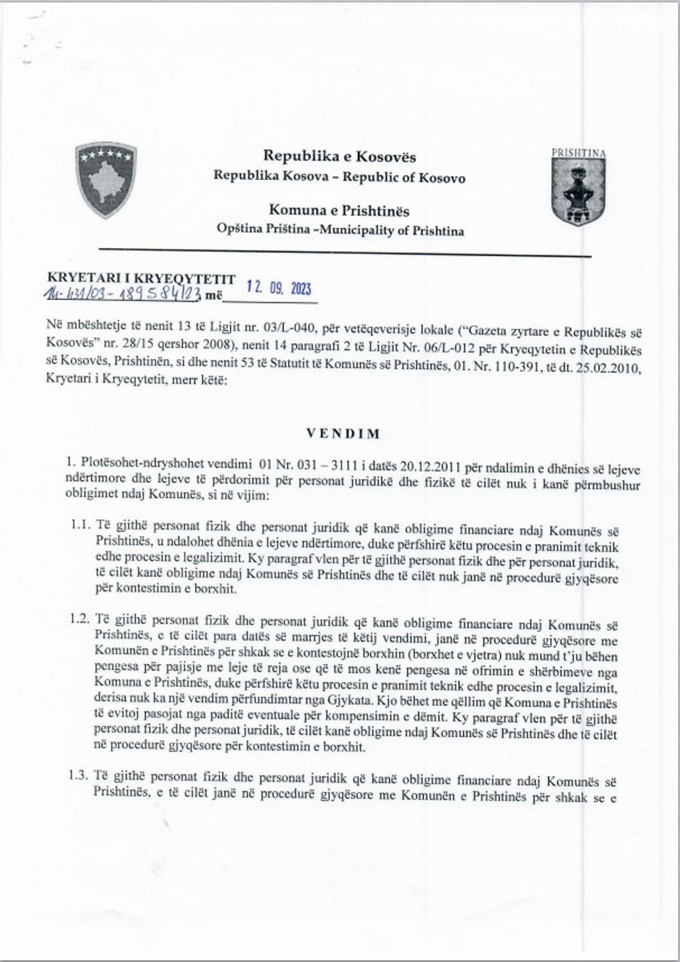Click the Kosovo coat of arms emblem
tap(105, 180)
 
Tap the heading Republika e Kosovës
tap(339, 156)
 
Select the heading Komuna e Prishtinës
tap(339, 210)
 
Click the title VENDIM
tap(343, 434)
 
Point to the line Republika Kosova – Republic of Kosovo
tap(339, 177)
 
